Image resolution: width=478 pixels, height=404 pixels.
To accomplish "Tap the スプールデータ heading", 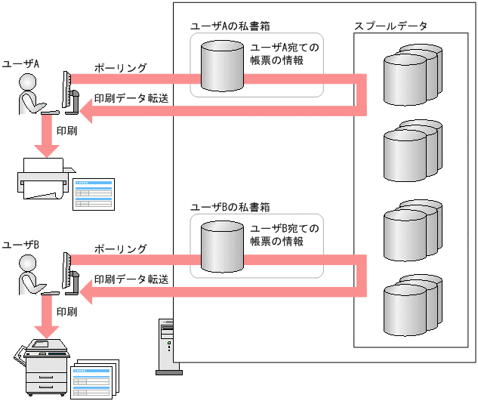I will (x=391, y=26).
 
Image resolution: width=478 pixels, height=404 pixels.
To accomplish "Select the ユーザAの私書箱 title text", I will (x=230, y=26).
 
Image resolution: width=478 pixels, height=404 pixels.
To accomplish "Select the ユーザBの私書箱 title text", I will (x=230, y=207).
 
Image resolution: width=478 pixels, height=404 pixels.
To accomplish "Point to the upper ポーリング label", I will (x=120, y=68).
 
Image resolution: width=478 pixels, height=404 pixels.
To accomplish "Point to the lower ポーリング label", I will (x=120, y=248).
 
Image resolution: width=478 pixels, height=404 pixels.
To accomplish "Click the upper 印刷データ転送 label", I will (x=130, y=98).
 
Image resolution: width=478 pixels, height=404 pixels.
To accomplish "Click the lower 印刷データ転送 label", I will (x=130, y=279).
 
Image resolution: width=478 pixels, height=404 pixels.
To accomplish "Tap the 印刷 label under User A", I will (x=66, y=130).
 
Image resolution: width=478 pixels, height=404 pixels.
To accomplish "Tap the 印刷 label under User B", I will (x=66, y=310).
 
